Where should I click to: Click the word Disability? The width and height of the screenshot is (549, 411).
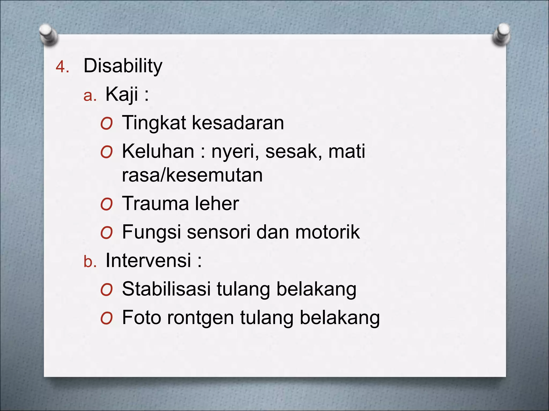click(123, 66)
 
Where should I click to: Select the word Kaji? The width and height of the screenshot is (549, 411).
click(122, 94)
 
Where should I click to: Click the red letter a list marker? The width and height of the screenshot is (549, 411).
click(90, 96)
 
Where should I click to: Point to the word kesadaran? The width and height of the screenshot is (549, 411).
click(238, 123)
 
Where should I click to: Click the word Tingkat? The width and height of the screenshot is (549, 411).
click(154, 123)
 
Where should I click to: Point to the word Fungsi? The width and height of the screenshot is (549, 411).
click(151, 232)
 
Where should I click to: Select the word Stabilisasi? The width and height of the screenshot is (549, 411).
click(166, 289)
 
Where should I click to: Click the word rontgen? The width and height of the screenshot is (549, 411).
click(201, 318)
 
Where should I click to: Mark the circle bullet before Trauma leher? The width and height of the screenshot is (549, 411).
click(106, 205)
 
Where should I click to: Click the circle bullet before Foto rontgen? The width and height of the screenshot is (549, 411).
click(106, 319)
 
